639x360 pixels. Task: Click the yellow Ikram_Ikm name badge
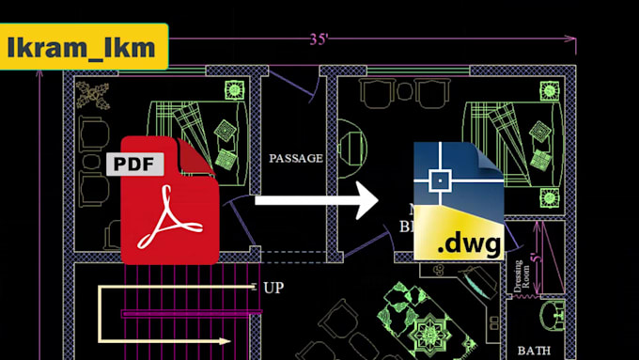[x=85, y=47]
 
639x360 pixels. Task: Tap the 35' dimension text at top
[x=319, y=39]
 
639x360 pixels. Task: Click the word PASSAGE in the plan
[x=296, y=158]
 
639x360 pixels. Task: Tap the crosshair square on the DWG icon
[x=439, y=179]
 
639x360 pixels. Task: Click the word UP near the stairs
[x=273, y=288]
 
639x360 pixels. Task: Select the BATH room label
[x=533, y=351]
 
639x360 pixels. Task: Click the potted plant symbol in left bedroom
[x=93, y=93]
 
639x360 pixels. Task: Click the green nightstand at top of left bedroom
[x=234, y=91]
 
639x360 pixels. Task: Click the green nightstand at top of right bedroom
[x=550, y=91]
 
